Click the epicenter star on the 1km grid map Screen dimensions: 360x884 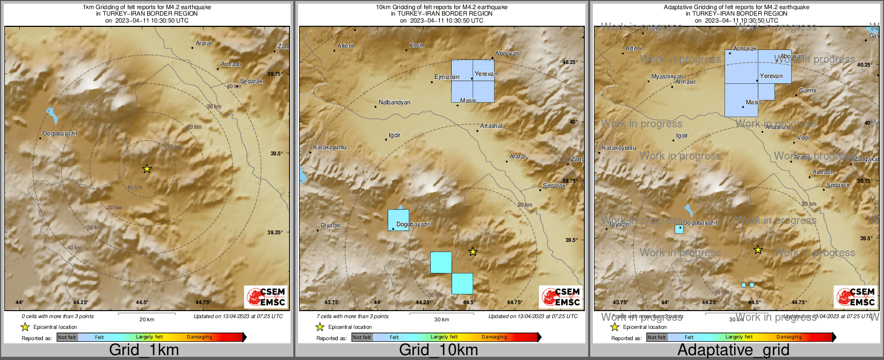[x=147, y=169]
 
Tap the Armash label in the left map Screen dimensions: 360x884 [x=231, y=64]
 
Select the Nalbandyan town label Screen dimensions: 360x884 [x=394, y=102]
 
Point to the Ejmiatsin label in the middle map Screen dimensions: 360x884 [x=447, y=77]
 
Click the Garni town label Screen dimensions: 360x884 [x=807, y=90]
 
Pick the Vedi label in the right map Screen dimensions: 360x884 [x=803, y=138]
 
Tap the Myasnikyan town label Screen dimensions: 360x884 [x=667, y=77]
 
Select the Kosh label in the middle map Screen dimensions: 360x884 [x=416, y=46]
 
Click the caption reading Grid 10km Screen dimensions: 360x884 [x=438, y=350]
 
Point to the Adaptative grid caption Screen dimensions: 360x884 [x=733, y=350]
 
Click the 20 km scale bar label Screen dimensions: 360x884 [x=147, y=320]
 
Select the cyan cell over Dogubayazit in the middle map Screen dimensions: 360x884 [x=398, y=220]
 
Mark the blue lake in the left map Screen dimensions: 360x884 [x=52, y=114]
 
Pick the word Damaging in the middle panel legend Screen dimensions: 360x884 [x=494, y=337]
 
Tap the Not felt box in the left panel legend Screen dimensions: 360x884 [x=67, y=337]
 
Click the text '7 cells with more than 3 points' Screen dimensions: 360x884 [x=352, y=316]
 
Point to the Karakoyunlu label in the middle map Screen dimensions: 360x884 [x=330, y=148]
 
